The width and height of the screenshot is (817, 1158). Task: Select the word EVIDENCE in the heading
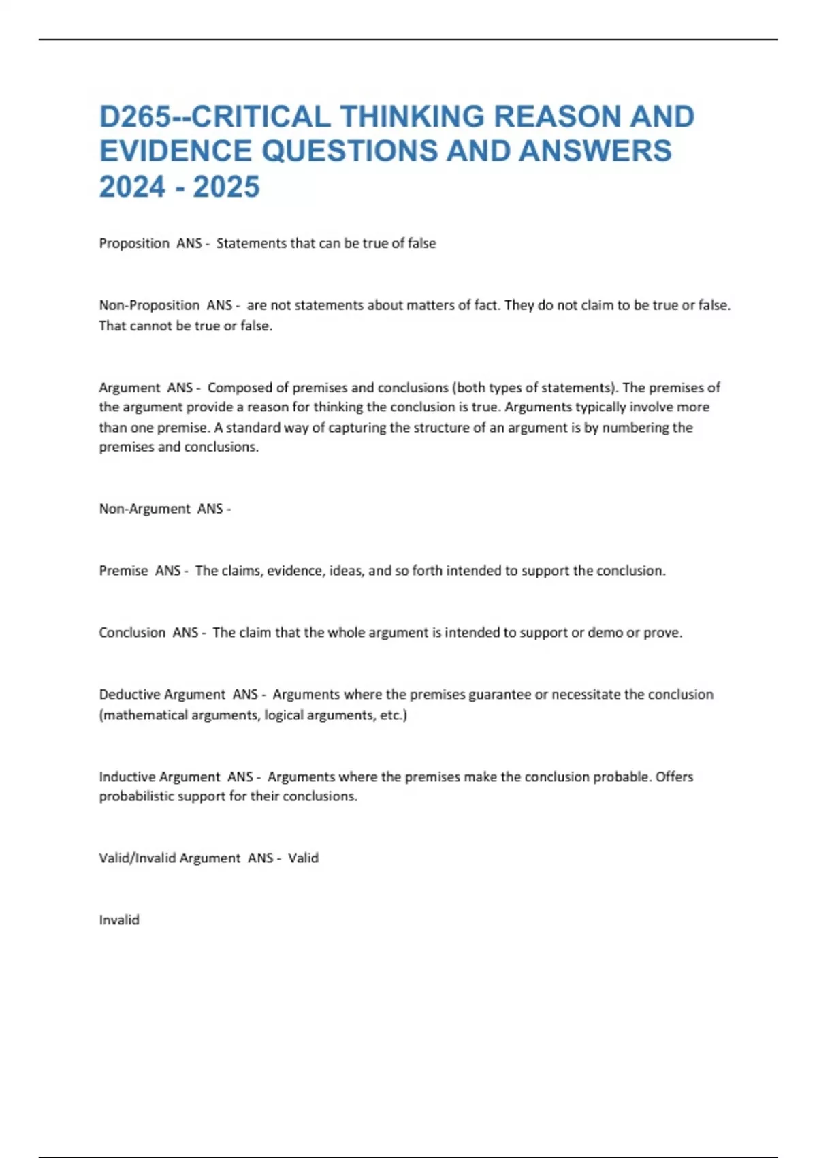coord(176,151)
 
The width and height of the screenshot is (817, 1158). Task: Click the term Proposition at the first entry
coord(134,243)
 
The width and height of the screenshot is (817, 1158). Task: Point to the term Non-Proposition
coord(149,305)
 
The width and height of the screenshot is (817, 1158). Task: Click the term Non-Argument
coord(144,509)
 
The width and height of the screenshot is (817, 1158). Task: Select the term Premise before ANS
coord(123,571)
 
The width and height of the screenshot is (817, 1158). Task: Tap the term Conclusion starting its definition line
coord(132,633)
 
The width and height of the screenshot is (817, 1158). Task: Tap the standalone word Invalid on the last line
coord(119,920)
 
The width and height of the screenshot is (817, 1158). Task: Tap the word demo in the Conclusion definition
coord(605,633)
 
